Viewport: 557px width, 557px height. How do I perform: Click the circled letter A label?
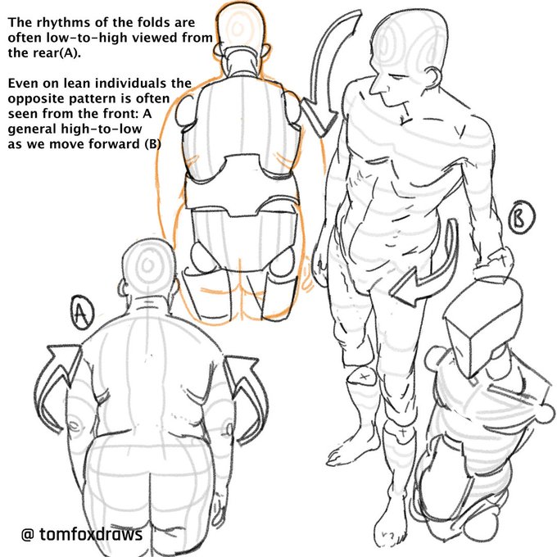click(x=82, y=313)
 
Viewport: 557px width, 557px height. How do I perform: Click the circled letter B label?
click(x=521, y=217)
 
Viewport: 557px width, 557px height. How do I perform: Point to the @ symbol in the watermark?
click(x=28, y=534)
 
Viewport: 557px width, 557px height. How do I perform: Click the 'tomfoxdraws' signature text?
click(x=91, y=534)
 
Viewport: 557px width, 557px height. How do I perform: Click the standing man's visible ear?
click(x=435, y=78)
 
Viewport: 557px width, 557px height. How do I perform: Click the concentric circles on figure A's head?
click(x=147, y=264)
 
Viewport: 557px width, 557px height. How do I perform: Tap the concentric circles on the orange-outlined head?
click(x=238, y=27)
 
